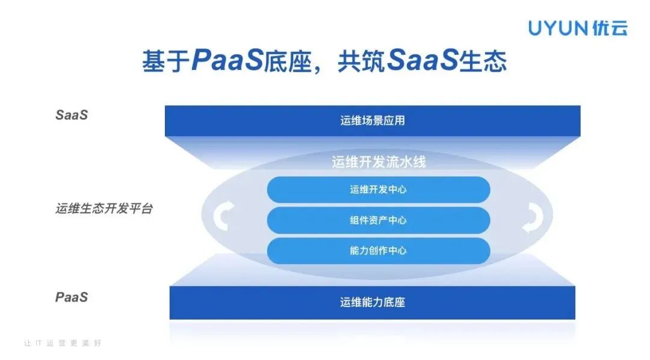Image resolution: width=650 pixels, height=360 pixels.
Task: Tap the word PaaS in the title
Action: pos(227,61)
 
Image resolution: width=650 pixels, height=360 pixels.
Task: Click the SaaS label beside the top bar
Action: pos(72,115)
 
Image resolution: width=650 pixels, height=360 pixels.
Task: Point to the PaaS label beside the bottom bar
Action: pos(72,297)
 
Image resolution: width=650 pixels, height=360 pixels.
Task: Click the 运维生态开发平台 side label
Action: pos(104,208)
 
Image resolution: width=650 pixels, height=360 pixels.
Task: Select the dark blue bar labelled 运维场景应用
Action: pos(373,120)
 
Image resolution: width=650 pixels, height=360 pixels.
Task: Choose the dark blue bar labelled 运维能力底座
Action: pos(373,302)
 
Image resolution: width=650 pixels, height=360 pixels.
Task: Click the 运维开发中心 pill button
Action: pos(379,190)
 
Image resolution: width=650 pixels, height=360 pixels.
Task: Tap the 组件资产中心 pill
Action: pos(379,220)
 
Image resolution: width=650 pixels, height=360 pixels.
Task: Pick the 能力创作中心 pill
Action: pos(379,250)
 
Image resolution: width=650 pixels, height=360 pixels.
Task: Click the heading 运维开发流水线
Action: pos(379,162)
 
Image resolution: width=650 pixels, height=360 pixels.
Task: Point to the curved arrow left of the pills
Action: pos(223,216)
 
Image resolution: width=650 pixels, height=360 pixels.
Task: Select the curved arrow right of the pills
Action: pos(533,217)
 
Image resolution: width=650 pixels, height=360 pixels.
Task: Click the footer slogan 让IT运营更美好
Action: pos(63,343)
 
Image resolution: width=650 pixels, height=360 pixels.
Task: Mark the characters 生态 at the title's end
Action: pos(483,61)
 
